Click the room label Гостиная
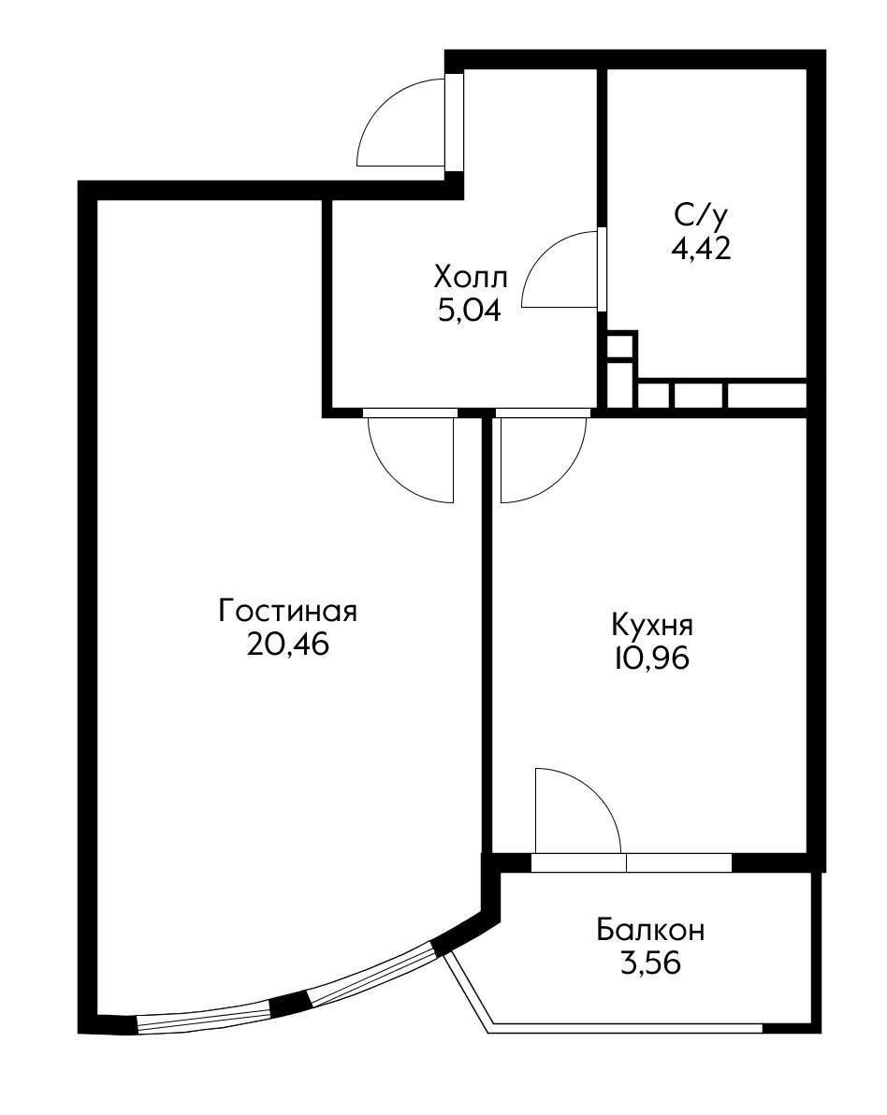coord(288,612)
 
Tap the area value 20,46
coord(288,645)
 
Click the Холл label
coord(471,278)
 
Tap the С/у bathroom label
coord(700,216)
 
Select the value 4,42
coord(700,248)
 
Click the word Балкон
coord(650,931)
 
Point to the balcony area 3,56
coord(650,963)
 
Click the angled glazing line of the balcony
coord(468,992)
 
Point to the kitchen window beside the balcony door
coord(678,862)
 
